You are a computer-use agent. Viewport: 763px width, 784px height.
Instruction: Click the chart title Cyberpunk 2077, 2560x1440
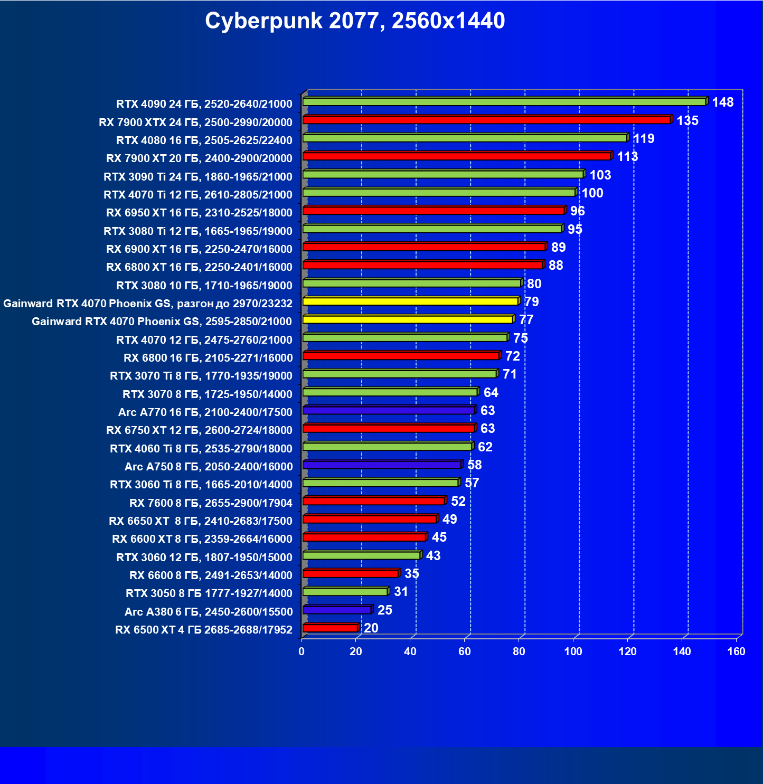coord(355,21)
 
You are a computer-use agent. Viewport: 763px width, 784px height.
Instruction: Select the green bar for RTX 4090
coord(504,102)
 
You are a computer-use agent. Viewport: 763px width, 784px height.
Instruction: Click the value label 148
coord(722,102)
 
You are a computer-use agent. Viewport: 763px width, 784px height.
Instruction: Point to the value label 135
coord(687,121)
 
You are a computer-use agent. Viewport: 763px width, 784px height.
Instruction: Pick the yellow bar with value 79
coord(410,301)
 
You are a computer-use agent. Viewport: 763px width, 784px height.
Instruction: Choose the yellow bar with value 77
coord(408,319)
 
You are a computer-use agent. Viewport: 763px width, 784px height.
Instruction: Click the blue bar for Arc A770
coord(389,410)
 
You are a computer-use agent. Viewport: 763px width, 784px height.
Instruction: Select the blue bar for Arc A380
coord(337,610)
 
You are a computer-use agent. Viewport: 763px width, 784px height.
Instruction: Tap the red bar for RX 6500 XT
coord(331,628)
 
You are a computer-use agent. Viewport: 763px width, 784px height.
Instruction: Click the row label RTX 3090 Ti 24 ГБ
coord(197,176)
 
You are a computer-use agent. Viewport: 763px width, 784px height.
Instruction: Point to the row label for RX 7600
coord(211,503)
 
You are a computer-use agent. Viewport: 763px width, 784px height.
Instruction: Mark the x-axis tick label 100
coord(573,651)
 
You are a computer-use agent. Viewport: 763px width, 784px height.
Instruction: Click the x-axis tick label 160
coord(736,651)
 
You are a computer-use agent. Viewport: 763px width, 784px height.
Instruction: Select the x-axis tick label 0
coord(302,651)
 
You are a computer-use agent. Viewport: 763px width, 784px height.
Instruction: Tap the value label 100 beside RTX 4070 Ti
coord(592,193)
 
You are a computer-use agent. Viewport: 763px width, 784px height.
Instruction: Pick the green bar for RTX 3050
coord(345,592)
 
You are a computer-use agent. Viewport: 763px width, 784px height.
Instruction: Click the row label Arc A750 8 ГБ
coord(208,467)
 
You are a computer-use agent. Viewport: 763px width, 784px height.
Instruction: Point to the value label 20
coord(371,628)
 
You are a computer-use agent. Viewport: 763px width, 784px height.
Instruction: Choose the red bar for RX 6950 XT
coord(434,211)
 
